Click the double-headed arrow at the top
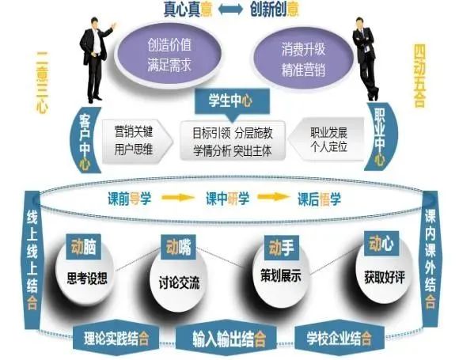pos(230,9)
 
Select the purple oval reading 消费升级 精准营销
pos(302,59)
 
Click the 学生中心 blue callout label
pos(232,101)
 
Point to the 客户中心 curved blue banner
pos(85,141)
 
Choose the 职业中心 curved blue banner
pos(381,136)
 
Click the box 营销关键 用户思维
pos(136,141)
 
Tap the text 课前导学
pos(129,199)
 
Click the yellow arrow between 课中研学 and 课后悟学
pos(273,197)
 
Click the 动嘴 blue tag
pos(178,248)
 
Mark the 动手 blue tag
pos(281,248)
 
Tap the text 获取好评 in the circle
pos(385,277)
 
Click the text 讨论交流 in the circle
pos(179,282)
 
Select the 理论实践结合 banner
pos(116,339)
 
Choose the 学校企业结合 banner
pos(339,338)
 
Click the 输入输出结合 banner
pos(229,339)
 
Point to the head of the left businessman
pos(94,22)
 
